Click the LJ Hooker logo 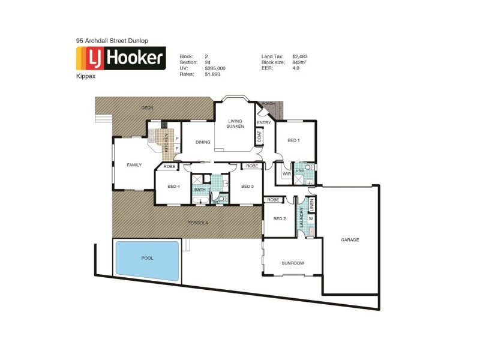pos(121,58)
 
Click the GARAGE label pos(350,240)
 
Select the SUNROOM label pos(293,263)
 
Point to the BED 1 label pos(293,141)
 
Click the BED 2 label pos(280,219)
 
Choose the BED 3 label pos(248,187)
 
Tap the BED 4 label pos(173,187)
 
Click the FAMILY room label pos(133,165)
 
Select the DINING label pos(203,143)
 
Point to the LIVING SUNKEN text pos(234,124)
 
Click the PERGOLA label pos(197,223)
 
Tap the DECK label pos(147,108)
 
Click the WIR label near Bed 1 pos(287,175)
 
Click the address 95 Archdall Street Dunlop pos(112,41)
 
